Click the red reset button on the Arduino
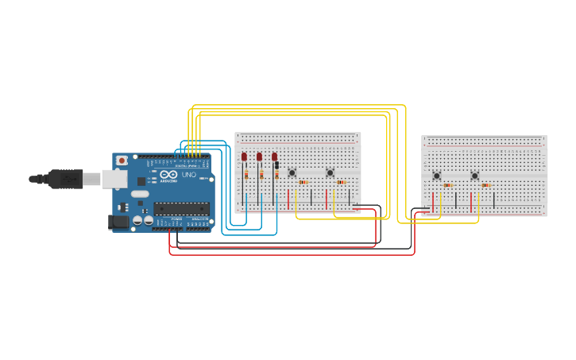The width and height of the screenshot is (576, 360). [x=122, y=161]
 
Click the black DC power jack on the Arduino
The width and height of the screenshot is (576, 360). [x=118, y=223]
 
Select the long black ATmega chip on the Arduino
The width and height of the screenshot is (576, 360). [x=181, y=208]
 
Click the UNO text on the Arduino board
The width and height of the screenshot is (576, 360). [x=189, y=175]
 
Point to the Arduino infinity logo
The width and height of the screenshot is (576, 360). [x=168, y=174]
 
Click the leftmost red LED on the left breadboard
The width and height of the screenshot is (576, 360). [x=245, y=157]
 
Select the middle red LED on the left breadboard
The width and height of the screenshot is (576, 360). [x=259, y=157]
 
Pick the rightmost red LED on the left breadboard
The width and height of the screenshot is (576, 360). [x=274, y=157]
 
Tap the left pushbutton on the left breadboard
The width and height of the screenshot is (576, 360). [x=292, y=172]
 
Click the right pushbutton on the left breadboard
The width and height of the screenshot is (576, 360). [x=330, y=172]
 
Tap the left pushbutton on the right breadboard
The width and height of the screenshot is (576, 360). [x=436, y=176]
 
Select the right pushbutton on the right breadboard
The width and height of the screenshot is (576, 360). [x=474, y=176]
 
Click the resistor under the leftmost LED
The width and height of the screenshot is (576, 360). [x=246, y=175]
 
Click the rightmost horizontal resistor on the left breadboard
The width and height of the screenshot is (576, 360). [x=341, y=182]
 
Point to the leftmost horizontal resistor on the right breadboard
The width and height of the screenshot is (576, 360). [x=448, y=185]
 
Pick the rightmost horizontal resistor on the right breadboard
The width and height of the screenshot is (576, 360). [x=485, y=185]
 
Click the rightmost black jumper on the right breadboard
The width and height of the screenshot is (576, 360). [x=493, y=199]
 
